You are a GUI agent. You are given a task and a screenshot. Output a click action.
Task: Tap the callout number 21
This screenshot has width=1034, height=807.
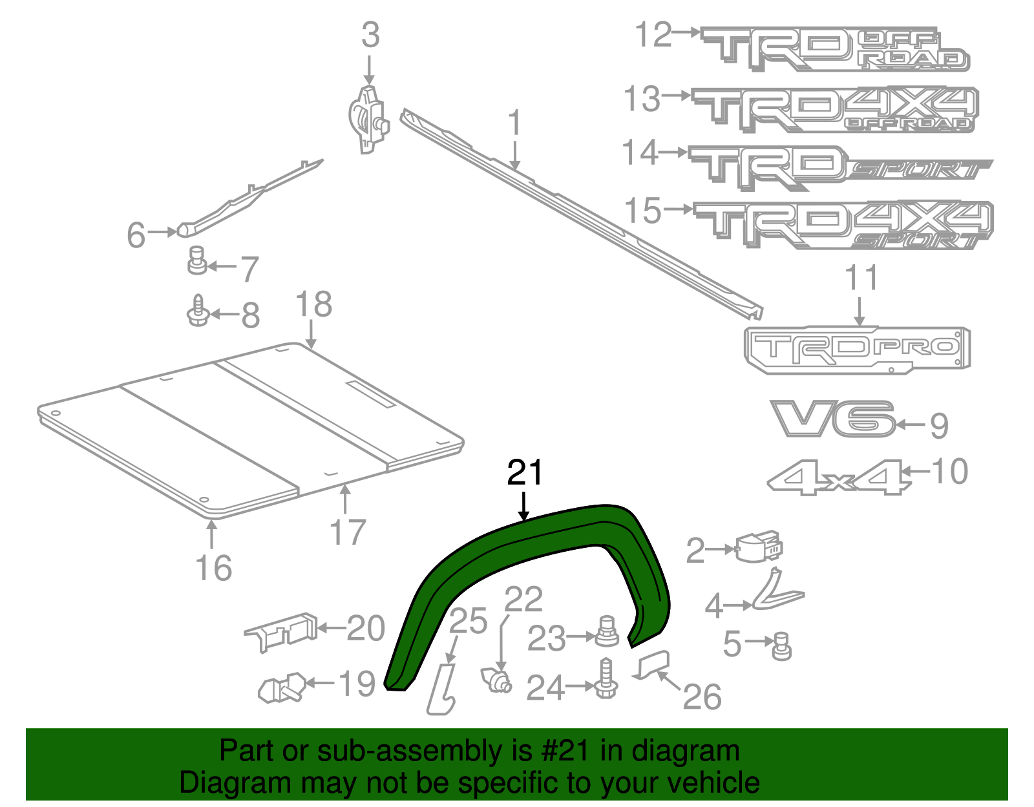pyautogui.click(x=525, y=474)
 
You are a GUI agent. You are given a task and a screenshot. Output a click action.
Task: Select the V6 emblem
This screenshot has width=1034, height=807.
pyautogui.click(x=832, y=419)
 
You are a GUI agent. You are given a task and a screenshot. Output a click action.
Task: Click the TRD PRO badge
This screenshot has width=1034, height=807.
pyautogui.click(x=857, y=349)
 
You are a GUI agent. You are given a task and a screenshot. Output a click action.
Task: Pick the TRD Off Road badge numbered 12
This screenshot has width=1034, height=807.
pyautogui.click(x=834, y=48)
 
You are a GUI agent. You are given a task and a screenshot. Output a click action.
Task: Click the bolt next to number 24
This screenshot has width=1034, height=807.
pyautogui.click(x=606, y=679)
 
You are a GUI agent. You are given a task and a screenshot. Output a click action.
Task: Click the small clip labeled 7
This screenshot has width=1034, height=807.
pyautogui.click(x=196, y=260)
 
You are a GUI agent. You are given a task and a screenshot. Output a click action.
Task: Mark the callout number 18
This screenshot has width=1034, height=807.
pyautogui.click(x=314, y=304)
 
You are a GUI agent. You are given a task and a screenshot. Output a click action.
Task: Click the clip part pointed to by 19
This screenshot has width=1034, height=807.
pyautogui.click(x=282, y=687)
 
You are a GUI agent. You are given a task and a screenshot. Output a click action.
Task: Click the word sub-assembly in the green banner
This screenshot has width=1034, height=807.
pyautogui.click(x=414, y=751)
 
